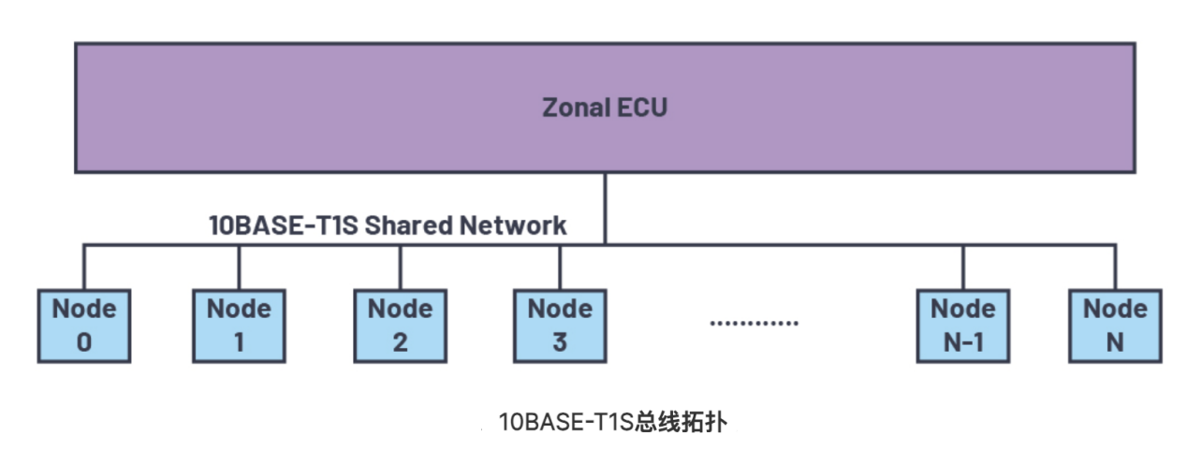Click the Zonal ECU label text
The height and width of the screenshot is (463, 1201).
(x=605, y=107)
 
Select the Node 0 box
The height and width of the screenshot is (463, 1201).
(x=84, y=326)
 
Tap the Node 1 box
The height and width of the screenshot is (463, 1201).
(x=239, y=326)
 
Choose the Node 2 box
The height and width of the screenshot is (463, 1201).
(x=400, y=326)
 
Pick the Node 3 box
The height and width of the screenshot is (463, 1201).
(x=560, y=326)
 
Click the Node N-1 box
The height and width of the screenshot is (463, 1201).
(x=963, y=326)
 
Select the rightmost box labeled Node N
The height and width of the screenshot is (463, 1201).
(x=1115, y=326)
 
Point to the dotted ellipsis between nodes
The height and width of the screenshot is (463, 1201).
(x=754, y=322)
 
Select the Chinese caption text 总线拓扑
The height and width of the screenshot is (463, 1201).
(x=681, y=422)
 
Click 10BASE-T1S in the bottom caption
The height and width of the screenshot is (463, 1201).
(x=565, y=422)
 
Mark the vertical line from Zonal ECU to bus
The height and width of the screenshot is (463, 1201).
(x=605, y=208)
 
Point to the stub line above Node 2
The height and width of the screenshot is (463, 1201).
(x=400, y=268)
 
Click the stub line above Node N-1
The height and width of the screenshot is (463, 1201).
(x=963, y=268)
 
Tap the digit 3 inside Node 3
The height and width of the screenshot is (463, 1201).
(x=560, y=342)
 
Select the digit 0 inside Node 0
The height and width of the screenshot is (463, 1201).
(x=84, y=342)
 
